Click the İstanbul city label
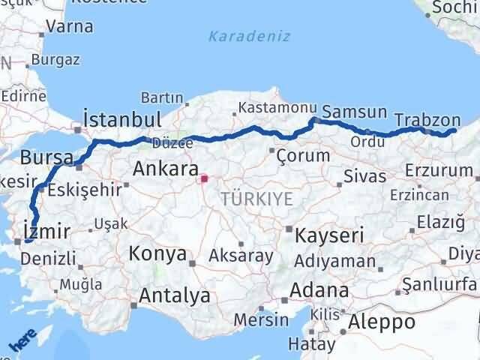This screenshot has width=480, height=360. [122, 120]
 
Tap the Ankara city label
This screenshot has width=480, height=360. [166, 169]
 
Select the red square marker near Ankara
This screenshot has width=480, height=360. [203, 179]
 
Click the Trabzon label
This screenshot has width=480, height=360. [426, 119]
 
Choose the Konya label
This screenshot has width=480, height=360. [157, 253]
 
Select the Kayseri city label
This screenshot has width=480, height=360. [330, 235]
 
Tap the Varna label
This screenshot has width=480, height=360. [69, 26]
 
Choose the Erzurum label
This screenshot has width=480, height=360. [437, 171]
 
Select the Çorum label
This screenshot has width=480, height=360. [303, 156]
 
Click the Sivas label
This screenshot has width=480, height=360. [364, 177]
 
